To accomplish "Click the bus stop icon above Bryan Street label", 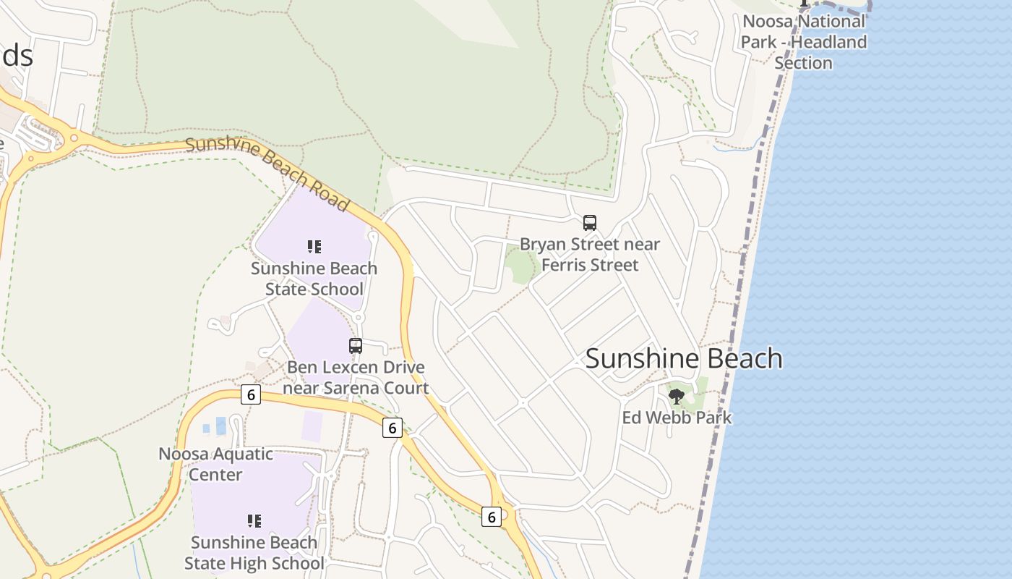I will [x=590, y=223].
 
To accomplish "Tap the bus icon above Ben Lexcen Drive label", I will [x=356, y=346].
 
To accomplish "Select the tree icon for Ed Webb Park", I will [x=677, y=396].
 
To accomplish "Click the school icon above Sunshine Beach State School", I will [x=314, y=247].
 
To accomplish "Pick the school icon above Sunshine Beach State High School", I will [x=254, y=521].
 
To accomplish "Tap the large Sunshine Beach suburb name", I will [x=684, y=359].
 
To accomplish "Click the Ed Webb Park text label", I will [x=677, y=418].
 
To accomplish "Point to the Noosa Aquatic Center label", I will [x=215, y=465].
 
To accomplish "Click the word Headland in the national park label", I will [x=828, y=42].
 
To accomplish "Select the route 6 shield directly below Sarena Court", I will [x=392, y=428].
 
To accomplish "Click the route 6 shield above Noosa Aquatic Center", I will [x=250, y=394].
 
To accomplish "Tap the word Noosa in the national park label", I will [x=768, y=21].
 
